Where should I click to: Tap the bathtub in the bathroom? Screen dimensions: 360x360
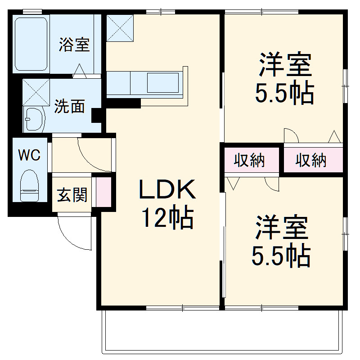(x=31, y=44)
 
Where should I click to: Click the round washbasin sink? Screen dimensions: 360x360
(x=34, y=119)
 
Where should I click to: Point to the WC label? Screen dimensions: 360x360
(x=29, y=155)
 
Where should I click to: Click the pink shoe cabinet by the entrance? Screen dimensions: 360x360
(x=103, y=193)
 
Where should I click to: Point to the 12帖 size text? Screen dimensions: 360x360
(x=167, y=219)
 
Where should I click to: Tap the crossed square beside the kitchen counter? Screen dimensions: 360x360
(x=121, y=28)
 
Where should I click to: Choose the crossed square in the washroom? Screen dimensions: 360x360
(x=36, y=92)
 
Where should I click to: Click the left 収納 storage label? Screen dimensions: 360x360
(x=249, y=160)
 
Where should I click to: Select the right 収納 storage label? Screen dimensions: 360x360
(x=311, y=160)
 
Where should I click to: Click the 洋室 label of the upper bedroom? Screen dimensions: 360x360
(x=284, y=66)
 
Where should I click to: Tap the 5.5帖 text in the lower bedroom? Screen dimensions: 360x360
(x=281, y=256)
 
